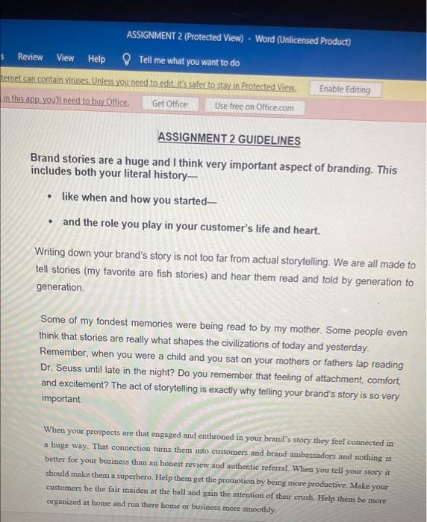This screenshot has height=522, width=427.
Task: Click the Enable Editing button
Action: (344, 89)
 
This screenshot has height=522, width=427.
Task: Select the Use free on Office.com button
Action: (254, 107)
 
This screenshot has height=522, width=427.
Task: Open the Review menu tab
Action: (30, 58)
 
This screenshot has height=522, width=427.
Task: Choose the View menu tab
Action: (66, 58)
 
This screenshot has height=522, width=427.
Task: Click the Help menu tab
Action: (97, 59)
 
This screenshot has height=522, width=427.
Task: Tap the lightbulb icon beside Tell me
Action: (126, 60)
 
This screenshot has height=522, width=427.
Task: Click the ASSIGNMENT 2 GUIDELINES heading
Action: (229, 140)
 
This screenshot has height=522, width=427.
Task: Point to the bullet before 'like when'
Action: (49, 199)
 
